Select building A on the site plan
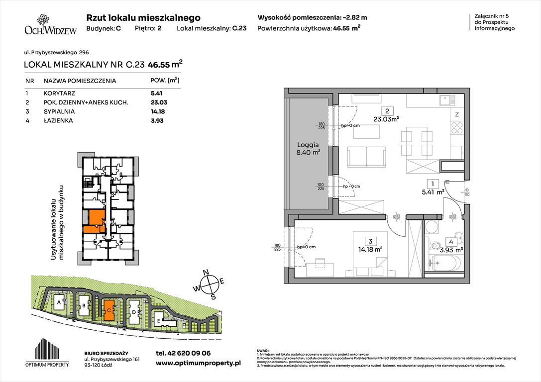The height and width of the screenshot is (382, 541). pyautogui.click(x=59, y=302)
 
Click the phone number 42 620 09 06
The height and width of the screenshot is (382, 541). pyautogui.click(x=183, y=353)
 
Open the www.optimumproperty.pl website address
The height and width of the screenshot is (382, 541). pyautogui.click(x=198, y=363)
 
